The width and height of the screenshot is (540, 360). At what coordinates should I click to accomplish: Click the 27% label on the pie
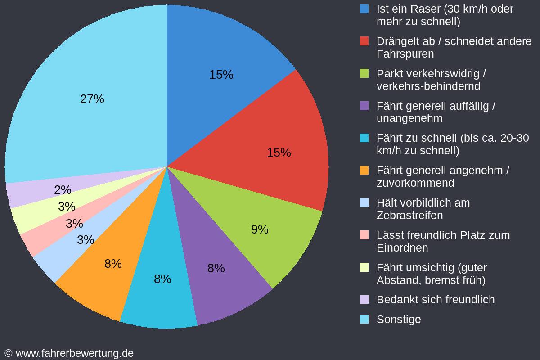pyautogui.click(x=92, y=99)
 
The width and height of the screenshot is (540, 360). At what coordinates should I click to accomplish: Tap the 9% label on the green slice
pyautogui.click(x=260, y=229)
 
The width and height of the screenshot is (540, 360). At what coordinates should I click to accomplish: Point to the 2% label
pyautogui.click(x=63, y=190)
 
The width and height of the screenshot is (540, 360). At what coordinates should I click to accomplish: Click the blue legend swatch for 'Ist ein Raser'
pyautogui.click(x=364, y=9)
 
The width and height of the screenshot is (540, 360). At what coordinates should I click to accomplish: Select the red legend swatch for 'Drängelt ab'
pyautogui.click(x=364, y=41)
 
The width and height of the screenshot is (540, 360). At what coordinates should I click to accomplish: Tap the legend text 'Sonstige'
pyautogui.click(x=399, y=319)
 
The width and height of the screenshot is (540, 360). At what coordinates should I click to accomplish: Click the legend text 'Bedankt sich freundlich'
pyautogui.click(x=435, y=299)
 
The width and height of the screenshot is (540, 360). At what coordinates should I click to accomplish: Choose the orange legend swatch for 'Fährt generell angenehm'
pyautogui.click(x=364, y=171)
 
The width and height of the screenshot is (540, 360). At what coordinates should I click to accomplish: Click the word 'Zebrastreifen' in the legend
pyautogui.click(x=409, y=216)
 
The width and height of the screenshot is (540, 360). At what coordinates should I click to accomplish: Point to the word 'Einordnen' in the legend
pyautogui.click(x=402, y=248)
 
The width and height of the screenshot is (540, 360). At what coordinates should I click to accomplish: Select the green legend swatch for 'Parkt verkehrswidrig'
pyautogui.click(x=364, y=73)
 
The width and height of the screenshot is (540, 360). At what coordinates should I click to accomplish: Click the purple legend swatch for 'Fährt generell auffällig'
pyautogui.click(x=364, y=106)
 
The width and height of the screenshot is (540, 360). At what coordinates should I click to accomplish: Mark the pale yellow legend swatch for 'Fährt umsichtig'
pyautogui.click(x=364, y=267)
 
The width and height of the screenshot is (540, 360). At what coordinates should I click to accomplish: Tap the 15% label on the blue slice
pyautogui.click(x=221, y=75)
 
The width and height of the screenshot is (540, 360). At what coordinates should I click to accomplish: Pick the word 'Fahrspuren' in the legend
pyautogui.click(x=405, y=54)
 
